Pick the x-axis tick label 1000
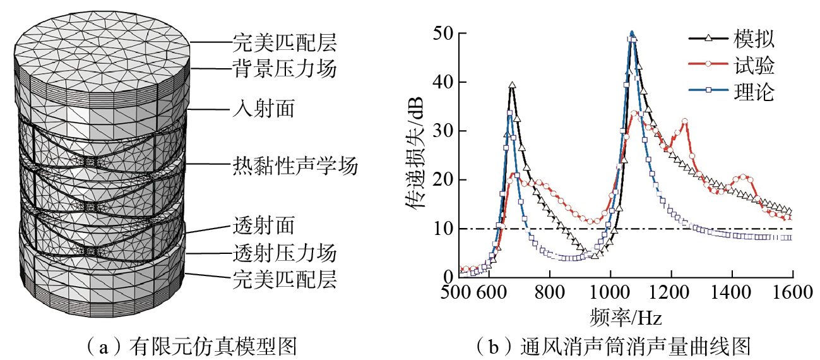click(x=610, y=292)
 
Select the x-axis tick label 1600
click(x=792, y=292)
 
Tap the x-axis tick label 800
click(x=550, y=292)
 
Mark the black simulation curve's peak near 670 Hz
click(x=512, y=85)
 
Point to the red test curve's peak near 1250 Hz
click(x=684, y=121)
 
